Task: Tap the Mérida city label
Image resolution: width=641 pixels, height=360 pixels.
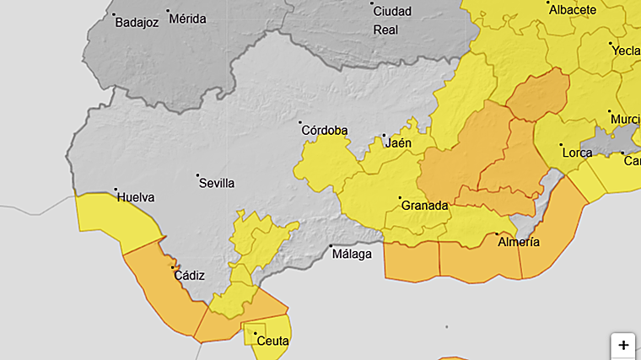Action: coord(187,18)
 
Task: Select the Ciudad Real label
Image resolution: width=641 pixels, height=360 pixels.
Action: coord(392,20)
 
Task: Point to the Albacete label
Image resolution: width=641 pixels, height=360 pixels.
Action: coord(573,10)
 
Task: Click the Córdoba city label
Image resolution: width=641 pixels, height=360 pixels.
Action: coord(325,131)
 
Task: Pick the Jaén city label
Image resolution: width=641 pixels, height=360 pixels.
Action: coord(399,143)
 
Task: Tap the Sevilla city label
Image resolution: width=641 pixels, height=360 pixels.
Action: coord(218,183)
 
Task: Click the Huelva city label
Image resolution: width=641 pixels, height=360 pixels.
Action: coord(136,197)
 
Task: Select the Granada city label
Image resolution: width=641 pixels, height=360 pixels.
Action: coord(423,206)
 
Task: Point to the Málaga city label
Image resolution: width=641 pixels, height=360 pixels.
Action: coord(352,254)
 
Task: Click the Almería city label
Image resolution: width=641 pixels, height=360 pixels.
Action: coord(520,242)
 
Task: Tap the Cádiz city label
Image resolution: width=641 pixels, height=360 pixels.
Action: coord(189,275)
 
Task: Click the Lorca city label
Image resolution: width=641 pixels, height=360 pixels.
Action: coord(577,153)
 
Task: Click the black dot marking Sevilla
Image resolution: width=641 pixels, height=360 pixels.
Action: coord(198,175)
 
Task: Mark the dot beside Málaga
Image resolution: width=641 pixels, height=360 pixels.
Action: coord(331,246)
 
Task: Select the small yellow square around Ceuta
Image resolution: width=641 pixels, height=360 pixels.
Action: coord(255,334)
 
